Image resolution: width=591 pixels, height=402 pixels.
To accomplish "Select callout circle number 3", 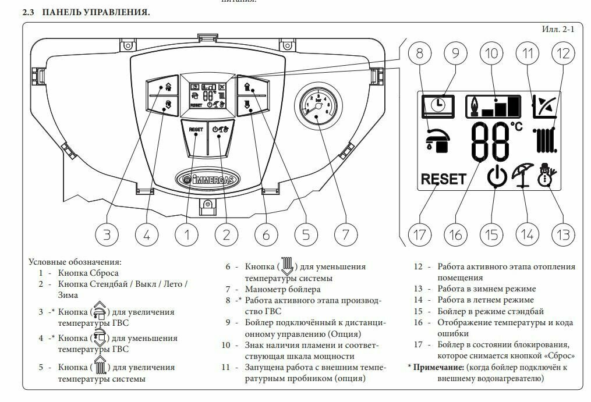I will click(x=107, y=234).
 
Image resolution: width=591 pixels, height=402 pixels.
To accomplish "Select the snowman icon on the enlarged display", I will click(x=546, y=173).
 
